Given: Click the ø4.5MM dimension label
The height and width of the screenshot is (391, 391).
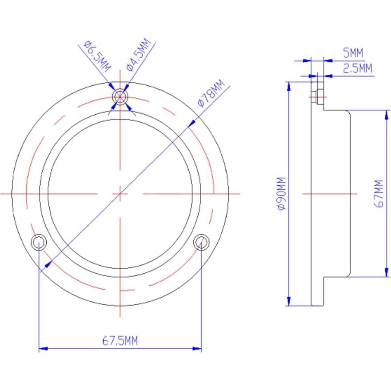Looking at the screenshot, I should click(139, 54).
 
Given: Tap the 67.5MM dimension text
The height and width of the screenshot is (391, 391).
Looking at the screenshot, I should click(120, 341).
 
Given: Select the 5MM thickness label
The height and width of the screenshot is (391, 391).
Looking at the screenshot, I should click(353, 53).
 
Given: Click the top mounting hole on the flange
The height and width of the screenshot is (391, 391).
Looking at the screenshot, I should click(120, 96).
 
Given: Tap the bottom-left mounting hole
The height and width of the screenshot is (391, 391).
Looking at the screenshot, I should click(39, 242).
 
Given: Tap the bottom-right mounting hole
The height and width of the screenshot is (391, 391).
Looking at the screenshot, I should click(201, 242).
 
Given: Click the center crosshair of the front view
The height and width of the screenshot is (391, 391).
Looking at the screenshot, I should click(120, 194).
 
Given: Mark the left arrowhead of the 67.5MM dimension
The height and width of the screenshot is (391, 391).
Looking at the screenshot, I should click(43, 349).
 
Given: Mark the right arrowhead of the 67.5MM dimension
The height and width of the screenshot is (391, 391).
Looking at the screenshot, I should click(198, 349).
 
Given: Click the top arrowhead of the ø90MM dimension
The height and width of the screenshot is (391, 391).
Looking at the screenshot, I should click(289, 85).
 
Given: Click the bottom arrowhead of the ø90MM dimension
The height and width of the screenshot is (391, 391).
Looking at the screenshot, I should click(289, 302).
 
